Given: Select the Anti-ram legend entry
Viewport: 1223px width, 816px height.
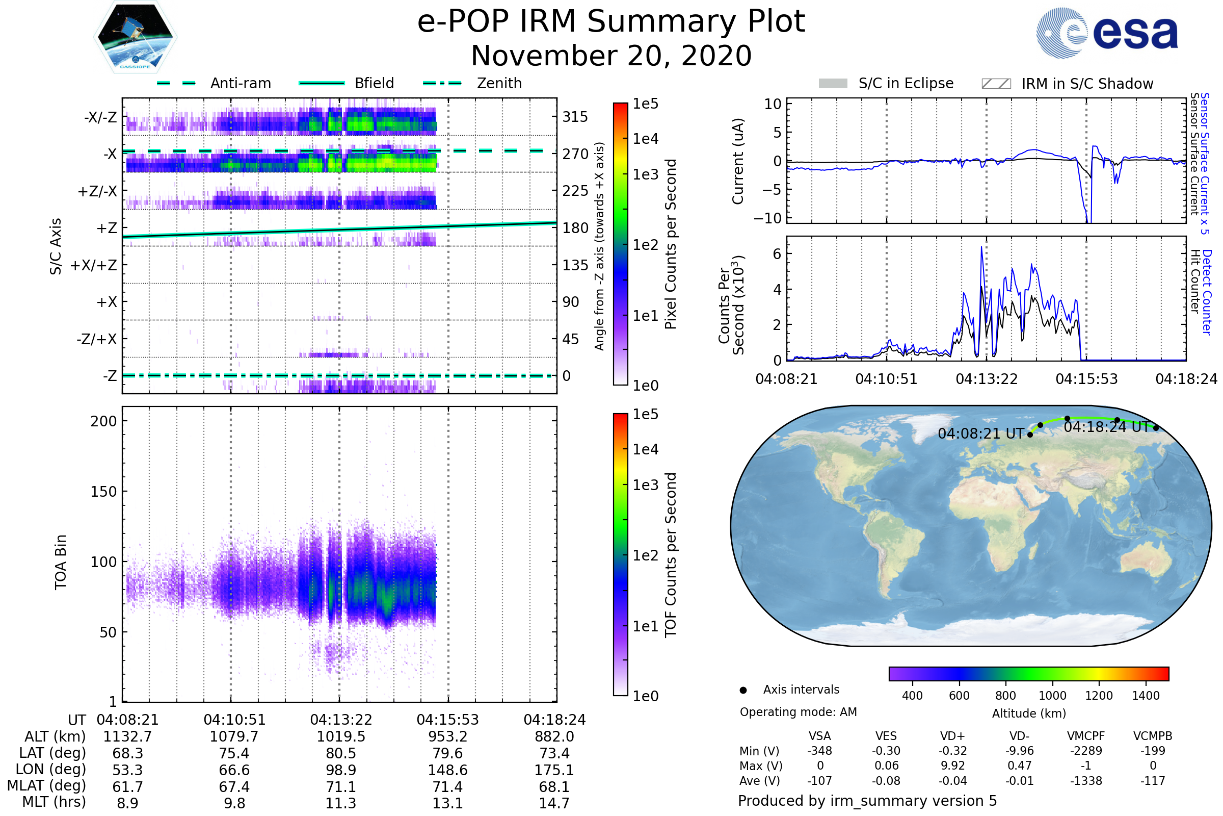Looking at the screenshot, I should point(240,84).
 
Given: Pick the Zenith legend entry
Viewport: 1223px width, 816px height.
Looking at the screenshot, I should point(499,84).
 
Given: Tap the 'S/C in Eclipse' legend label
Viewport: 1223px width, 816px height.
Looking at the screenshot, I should point(906,84).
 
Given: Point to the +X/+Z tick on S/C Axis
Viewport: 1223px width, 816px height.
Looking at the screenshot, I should point(94,265).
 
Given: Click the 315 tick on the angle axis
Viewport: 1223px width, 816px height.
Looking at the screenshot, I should point(575,117).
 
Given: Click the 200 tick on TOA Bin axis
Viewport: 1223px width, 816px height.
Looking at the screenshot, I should point(103,421).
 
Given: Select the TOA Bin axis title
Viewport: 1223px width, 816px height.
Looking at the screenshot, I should point(61,562).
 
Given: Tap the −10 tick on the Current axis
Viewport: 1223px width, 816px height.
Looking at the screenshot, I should point(767,218).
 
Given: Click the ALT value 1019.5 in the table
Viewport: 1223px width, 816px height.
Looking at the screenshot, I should point(340,737).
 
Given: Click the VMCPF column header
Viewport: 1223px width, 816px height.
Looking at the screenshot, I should point(1086,736).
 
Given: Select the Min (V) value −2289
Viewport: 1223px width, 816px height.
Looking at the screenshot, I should point(1086,751).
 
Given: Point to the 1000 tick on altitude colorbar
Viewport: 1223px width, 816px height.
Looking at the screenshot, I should point(1052,696).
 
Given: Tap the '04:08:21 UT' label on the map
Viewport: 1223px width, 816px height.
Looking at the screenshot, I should point(980,434).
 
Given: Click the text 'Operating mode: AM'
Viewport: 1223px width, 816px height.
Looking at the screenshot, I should point(798,712).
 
